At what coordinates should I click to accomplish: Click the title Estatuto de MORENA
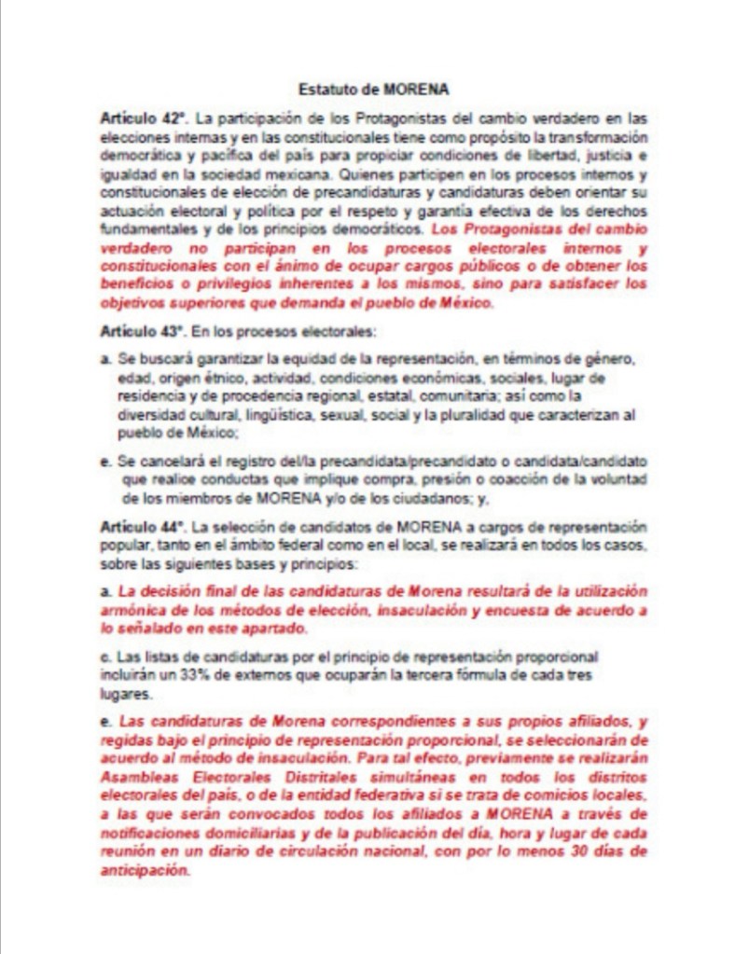[x=373, y=90]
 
